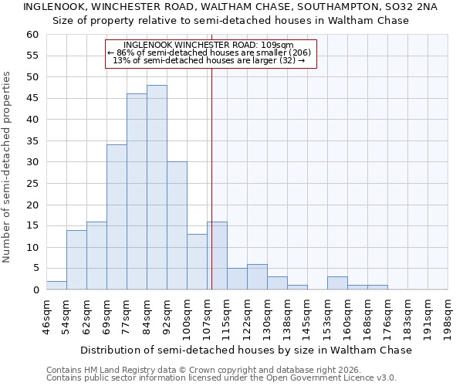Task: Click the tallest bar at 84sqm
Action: pos(157,188)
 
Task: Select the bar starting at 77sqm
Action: pos(137,191)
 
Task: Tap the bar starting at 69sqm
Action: pos(117,217)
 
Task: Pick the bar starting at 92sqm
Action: pos(177,225)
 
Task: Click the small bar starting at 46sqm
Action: pos(56,286)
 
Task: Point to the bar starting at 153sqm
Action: pos(337,283)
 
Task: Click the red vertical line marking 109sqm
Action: pos(211,178)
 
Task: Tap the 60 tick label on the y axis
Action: pos(32,35)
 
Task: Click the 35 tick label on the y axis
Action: pos(32,141)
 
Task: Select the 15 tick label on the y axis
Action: pos(32,226)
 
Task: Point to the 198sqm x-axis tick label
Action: pos(448,317)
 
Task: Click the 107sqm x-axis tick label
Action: pos(207,317)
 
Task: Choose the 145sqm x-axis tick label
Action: pos(307,317)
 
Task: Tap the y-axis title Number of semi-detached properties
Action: pos(7,166)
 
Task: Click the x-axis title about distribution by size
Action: pos(246,350)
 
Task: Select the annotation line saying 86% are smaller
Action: pos(209,52)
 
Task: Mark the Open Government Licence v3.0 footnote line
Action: pos(221,378)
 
